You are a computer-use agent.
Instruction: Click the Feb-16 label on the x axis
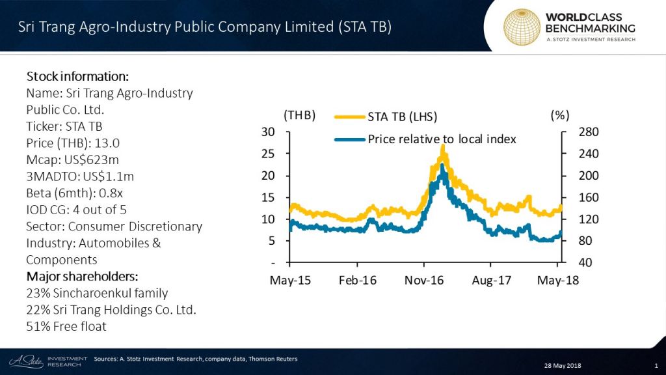pos(357,280)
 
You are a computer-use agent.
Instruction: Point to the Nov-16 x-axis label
pos(423,280)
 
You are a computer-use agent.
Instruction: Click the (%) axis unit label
pos(560,115)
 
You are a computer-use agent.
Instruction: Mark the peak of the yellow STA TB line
pos(443,146)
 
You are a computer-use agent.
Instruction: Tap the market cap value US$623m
pos(97,160)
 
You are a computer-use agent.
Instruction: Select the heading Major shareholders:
pos(77,277)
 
